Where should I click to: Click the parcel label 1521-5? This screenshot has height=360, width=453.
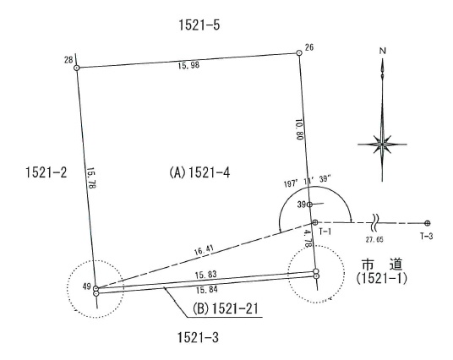[x=199, y=25]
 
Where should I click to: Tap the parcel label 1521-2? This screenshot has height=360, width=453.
[x=46, y=172]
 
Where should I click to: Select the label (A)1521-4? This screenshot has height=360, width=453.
[x=199, y=172]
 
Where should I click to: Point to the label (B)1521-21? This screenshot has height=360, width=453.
[x=225, y=308]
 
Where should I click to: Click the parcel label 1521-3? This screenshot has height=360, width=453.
[x=198, y=337]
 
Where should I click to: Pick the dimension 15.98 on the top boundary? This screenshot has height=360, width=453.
[x=188, y=65]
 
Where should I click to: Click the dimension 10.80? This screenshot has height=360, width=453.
[x=299, y=129]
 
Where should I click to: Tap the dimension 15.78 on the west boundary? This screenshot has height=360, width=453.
[x=91, y=178]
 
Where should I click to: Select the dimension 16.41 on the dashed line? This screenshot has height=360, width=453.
[x=204, y=250]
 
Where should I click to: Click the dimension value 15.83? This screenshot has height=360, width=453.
[x=205, y=275]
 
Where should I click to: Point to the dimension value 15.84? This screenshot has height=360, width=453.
[x=207, y=290]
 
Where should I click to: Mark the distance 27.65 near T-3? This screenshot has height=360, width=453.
[x=374, y=239]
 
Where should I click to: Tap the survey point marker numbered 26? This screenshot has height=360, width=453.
[x=299, y=52]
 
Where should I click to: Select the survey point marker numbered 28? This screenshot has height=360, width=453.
[x=77, y=68]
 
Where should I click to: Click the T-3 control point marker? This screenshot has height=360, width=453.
[x=428, y=223]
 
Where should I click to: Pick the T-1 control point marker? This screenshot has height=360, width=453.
[x=315, y=222]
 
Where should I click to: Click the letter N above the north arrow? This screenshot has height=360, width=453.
[x=383, y=52]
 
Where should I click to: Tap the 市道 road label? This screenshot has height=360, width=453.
[x=382, y=265]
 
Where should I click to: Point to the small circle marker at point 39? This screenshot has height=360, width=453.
[x=309, y=205]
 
